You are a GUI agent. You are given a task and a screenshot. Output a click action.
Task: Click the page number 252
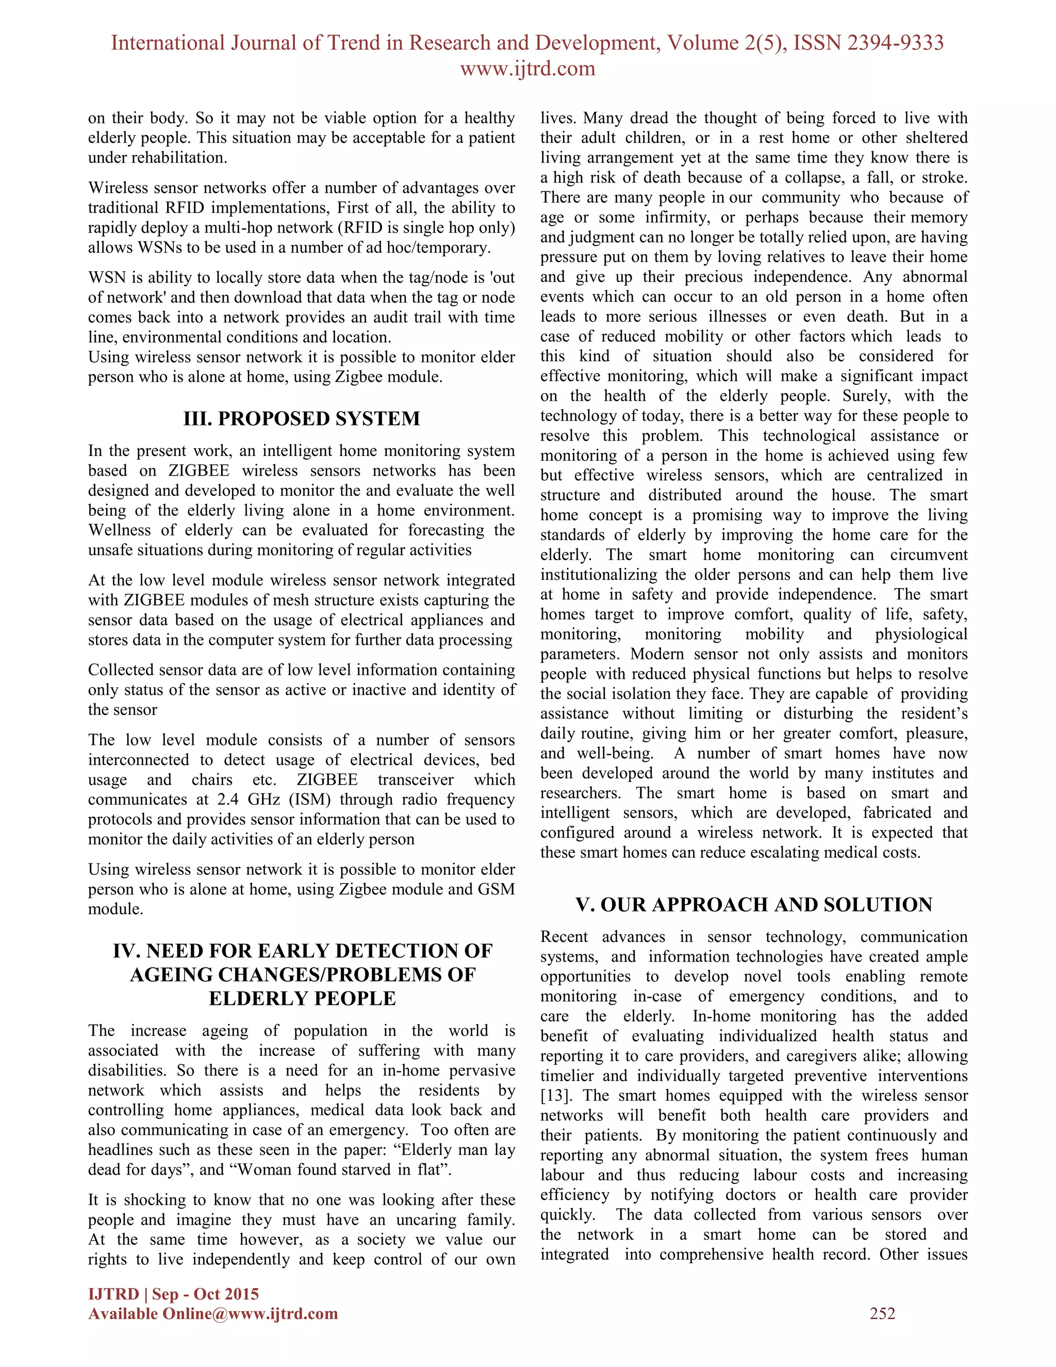click(882, 1313)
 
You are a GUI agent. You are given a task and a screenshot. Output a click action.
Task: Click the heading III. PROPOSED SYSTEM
click(302, 418)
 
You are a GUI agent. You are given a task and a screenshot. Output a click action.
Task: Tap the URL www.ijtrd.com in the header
click(527, 68)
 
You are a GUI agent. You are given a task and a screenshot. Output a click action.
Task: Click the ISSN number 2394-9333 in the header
click(895, 43)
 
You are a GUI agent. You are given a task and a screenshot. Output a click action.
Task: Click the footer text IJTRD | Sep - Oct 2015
click(173, 1294)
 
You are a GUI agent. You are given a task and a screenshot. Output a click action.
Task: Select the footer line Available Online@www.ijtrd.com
click(213, 1313)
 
